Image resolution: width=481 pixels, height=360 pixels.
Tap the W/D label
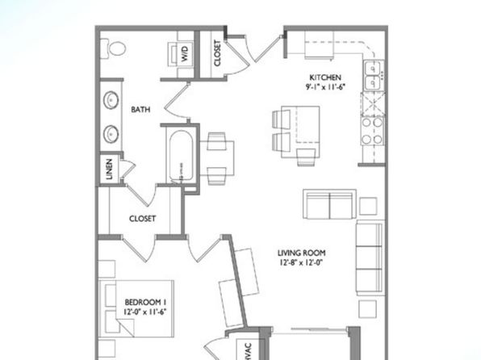pos(184,54)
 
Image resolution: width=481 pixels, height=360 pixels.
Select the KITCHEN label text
pos(325,77)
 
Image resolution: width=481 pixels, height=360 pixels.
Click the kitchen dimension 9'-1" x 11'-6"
pos(325,87)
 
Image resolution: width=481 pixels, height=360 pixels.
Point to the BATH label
pos(140,109)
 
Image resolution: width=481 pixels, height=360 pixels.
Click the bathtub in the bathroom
pos(181,156)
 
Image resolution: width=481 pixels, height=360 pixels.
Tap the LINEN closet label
pos(109,170)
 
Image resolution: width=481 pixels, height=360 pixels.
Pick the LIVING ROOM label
pos(302,253)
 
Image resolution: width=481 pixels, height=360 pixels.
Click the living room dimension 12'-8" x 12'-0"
pos(302,262)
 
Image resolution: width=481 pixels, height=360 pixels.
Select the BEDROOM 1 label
pos(146,302)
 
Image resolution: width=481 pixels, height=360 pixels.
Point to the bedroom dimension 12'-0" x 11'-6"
pos(145,312)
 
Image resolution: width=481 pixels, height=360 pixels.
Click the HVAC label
pos(248,352)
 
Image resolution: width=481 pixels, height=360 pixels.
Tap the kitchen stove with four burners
pos(372,131)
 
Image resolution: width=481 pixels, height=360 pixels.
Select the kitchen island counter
pos(300,132)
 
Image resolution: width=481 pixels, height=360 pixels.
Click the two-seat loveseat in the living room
pos(330,204)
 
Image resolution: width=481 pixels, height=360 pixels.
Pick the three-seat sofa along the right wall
pos(370,257)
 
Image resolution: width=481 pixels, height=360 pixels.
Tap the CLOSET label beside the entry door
pos(217,53)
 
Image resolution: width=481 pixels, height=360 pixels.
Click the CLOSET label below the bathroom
pos(142,219)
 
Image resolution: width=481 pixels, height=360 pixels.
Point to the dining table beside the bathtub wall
pos(217,158)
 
